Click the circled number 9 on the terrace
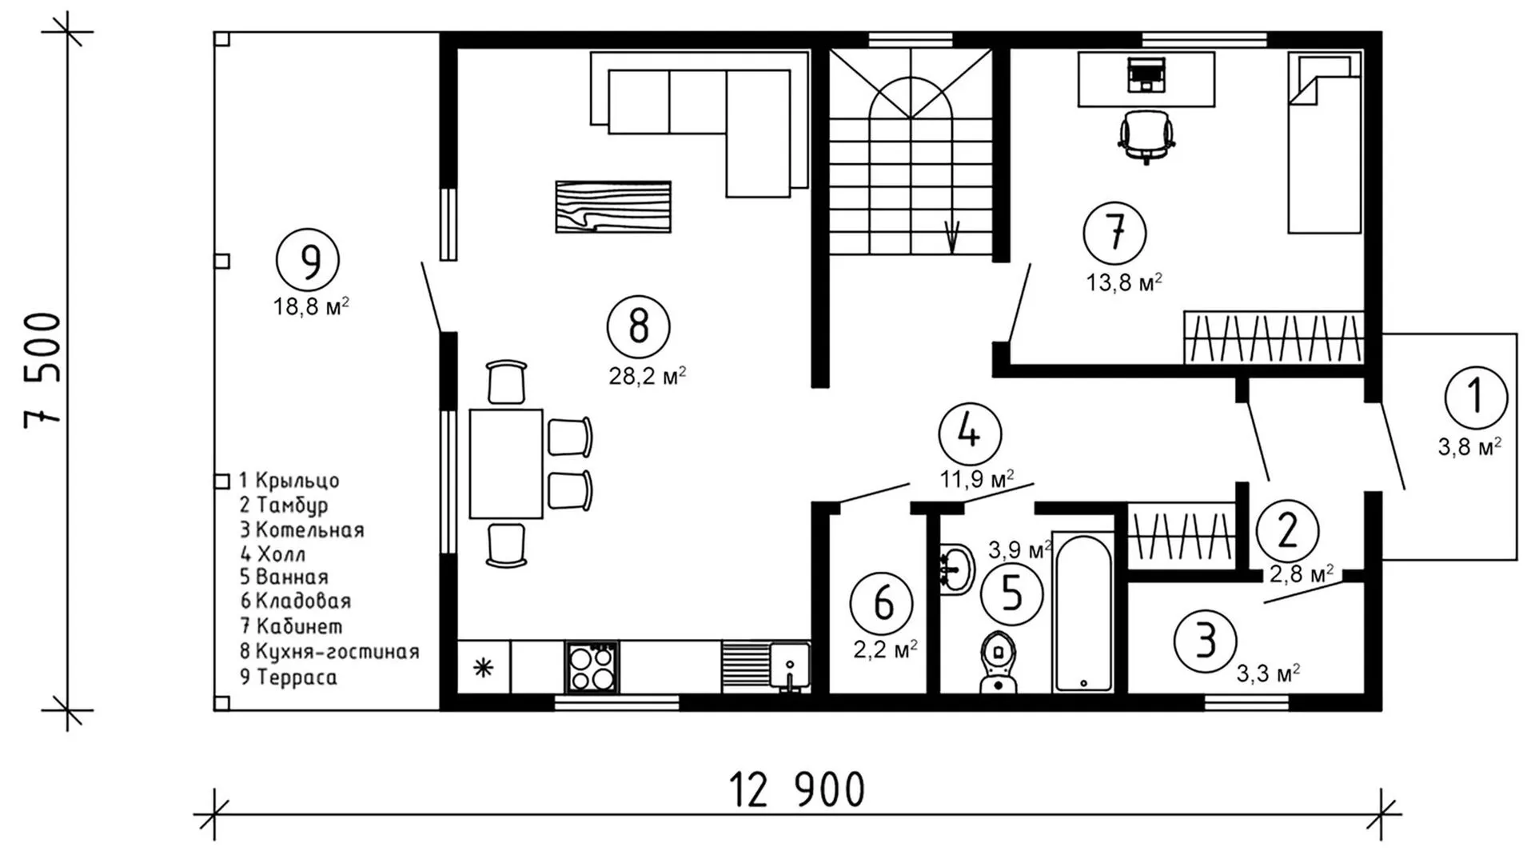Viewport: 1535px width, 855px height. pos(308,260)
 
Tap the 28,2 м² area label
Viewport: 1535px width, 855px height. pos(648,375)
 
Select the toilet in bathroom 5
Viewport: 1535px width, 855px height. pos(996,661)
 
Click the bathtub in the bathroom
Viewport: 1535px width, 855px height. pos(1083,612)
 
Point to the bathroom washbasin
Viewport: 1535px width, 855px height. pos(956,569)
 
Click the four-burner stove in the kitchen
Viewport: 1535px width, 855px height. pos(592,667)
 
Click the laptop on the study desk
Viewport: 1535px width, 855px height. pos(1146,74)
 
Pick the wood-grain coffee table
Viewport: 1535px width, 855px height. pos(613,207)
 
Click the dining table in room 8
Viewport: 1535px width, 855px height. pos(506,464)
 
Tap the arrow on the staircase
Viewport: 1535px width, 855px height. pos(951,235)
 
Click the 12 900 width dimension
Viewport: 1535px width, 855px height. pos(797,790)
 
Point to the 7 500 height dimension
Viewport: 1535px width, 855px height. pos(43,370)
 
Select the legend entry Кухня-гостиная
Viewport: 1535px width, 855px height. pos(329,652)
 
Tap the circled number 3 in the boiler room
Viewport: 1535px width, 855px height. pos(1205,641)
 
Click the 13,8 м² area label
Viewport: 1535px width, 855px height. pos(1123,282)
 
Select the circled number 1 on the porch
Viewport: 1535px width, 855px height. pos(1476,398)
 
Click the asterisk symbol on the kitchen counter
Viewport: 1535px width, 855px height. pos(483,667)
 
